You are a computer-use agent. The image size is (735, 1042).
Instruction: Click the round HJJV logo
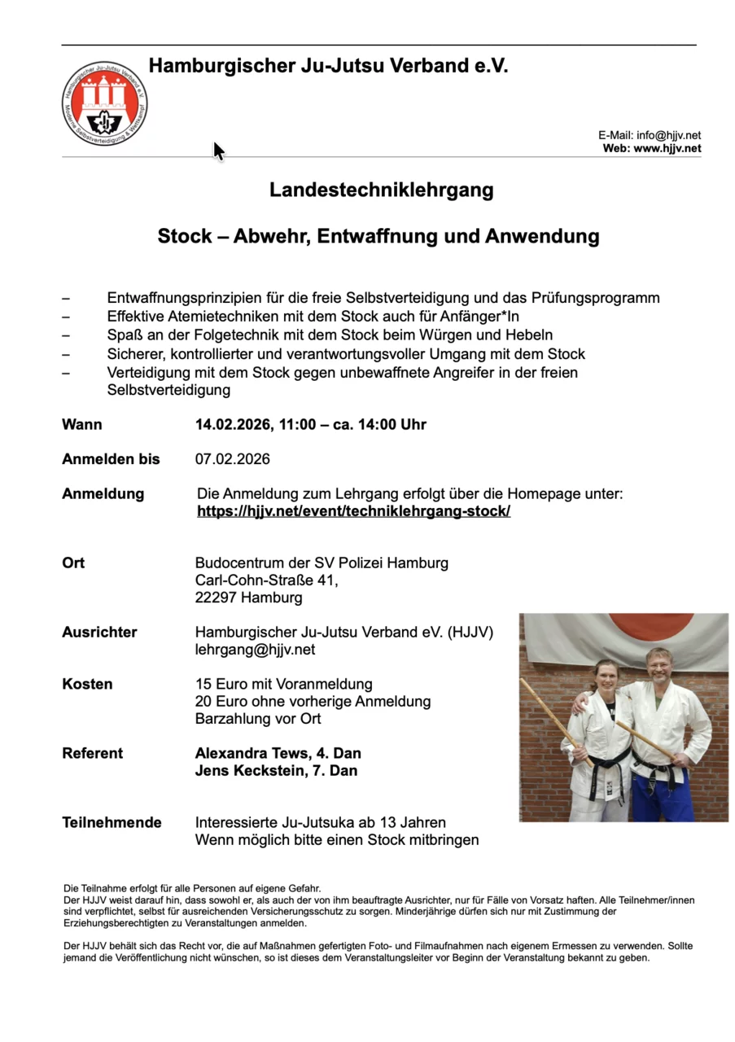click(x=104, y=103)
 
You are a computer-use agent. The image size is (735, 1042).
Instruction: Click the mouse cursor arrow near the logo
click(x=218, y=151)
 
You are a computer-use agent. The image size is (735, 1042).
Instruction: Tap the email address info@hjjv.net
click(x=668, y=135)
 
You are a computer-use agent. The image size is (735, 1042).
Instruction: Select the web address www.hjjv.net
click(x=667, y=148)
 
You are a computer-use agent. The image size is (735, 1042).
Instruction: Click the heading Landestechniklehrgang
click(x=381, y=190)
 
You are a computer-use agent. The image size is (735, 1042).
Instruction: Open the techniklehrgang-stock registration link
click(x=353, y=511)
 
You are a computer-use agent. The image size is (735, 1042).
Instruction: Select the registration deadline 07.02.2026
click(x=232, y=459)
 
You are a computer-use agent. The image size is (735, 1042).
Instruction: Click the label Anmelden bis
click(x=111, y=459)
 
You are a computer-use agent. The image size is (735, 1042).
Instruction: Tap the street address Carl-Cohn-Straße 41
click(x=266, y=580)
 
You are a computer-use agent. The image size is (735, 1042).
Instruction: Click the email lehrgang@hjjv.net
click(x=255, y=650)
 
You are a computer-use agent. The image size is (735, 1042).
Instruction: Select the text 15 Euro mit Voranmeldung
click(x=283, y=684)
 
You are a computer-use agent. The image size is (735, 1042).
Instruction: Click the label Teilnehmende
click(x=112, y=822)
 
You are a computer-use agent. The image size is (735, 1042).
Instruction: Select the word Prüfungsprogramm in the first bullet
click(x=597, y=298)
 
